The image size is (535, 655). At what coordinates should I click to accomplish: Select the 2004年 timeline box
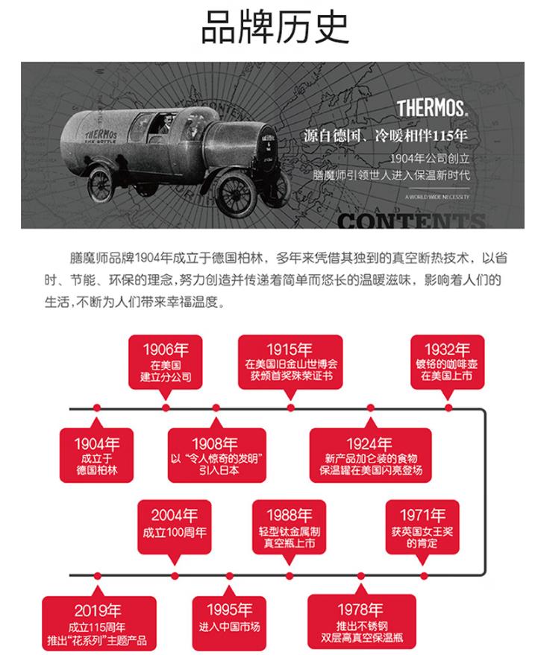[174, 526]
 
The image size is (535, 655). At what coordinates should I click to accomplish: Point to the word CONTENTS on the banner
[411, 219]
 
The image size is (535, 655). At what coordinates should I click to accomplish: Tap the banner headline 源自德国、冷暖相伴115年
[386, 137]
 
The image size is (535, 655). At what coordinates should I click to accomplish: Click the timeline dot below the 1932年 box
[448, 408]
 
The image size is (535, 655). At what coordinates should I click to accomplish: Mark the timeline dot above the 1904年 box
[97, 408]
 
